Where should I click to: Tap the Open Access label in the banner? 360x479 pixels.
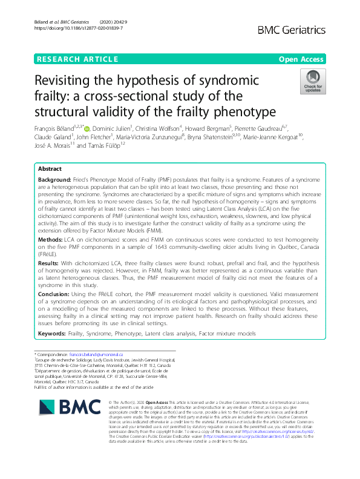[302, 59]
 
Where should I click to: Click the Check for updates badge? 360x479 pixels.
[313, 81]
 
